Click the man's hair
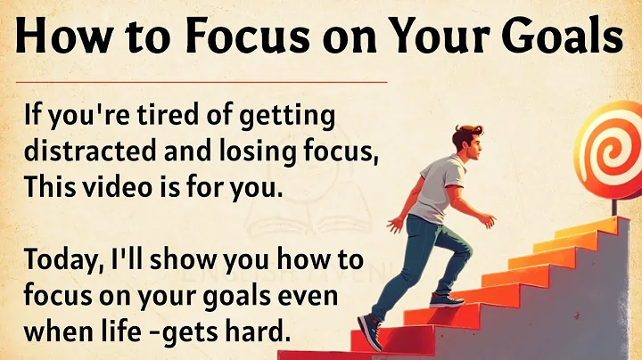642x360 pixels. coord(467,135)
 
